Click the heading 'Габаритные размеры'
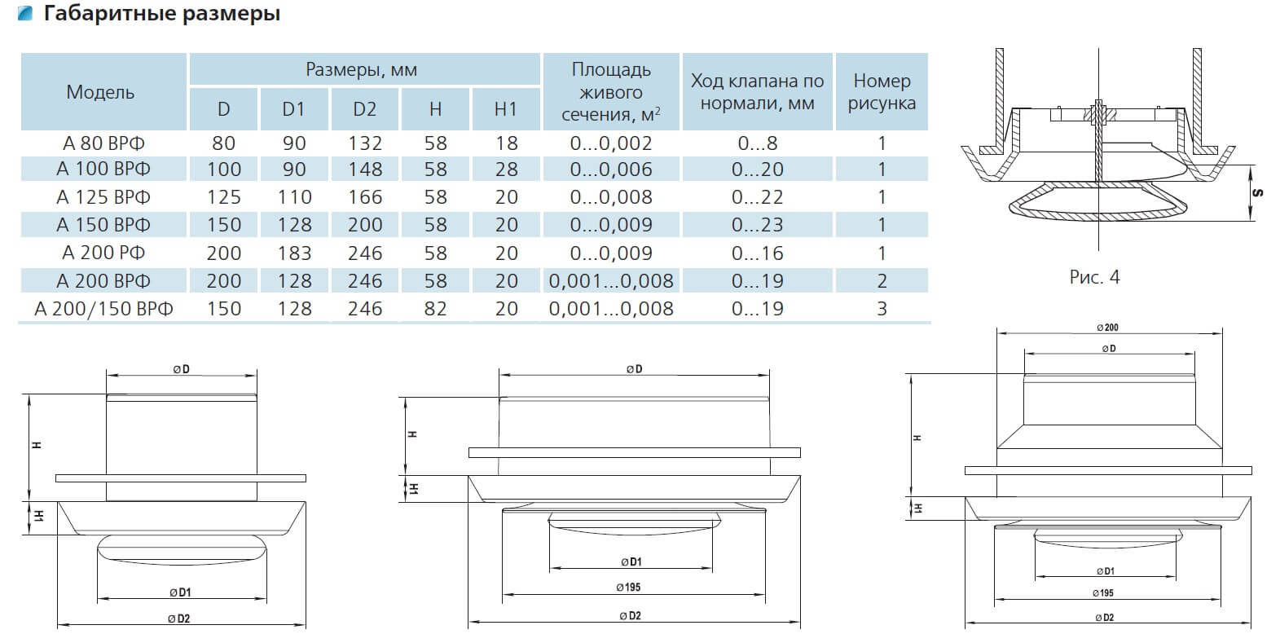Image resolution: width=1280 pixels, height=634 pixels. pos(161,13)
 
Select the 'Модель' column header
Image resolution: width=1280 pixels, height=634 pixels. pos(100,92)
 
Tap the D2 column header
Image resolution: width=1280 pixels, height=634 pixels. pos(364,108)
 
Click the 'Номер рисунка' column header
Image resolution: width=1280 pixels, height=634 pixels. pos(882,91)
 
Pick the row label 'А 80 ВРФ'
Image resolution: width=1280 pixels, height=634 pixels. pos(103,143)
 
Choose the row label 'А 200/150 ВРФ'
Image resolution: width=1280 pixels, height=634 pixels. pos(103,309)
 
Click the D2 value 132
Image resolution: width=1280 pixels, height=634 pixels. pos(365,143)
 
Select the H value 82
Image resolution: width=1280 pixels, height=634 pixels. pos(435,309)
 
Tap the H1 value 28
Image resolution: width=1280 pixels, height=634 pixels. pos(506,170)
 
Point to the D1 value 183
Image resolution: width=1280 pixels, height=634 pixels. pos(294,253)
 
